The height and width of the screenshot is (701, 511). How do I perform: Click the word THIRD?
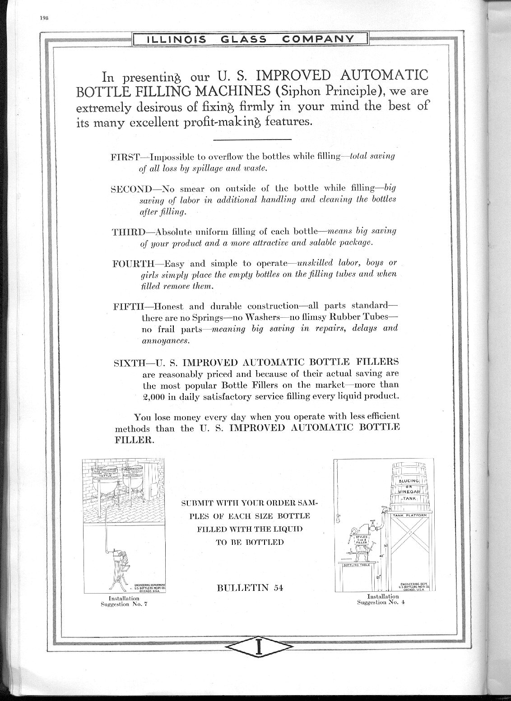click(x=127, y=232)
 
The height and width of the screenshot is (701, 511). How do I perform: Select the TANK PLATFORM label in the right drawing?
click(x=409, y=515)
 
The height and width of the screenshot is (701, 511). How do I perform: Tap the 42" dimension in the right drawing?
click(x=381, y=556)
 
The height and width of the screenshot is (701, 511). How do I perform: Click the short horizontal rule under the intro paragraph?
click(x=252, y=138)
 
